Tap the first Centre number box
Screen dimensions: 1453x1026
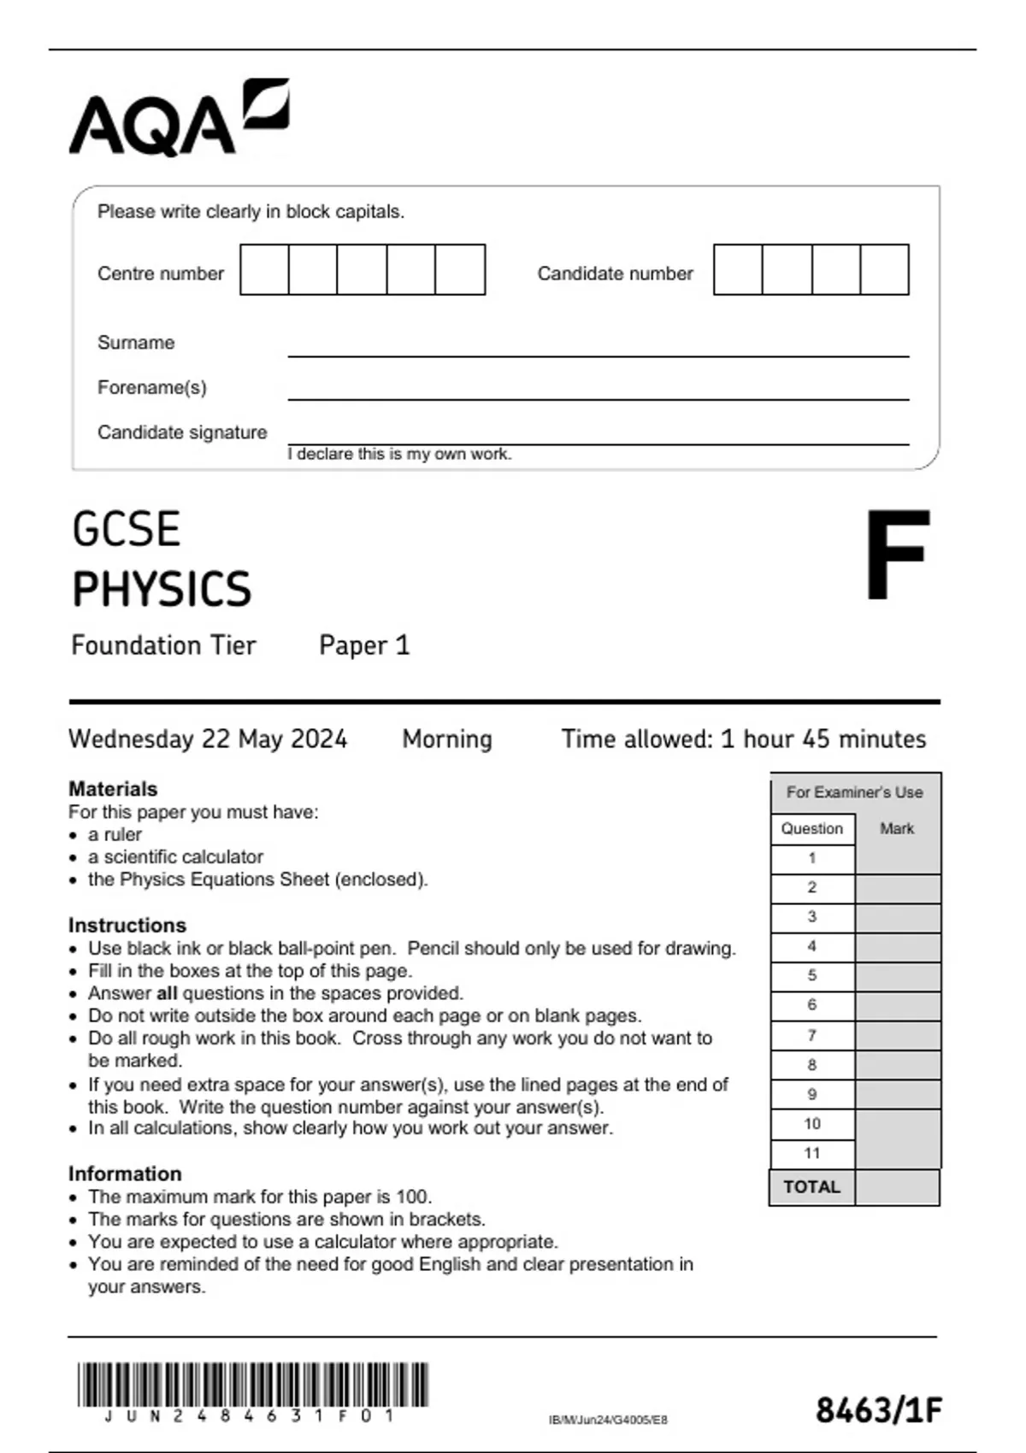[264, 270]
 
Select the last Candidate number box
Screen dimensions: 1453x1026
[884, 270]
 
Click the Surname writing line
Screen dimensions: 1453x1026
[598, 349]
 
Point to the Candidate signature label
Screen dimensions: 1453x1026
[182, 432]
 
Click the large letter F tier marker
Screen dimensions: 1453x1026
[896, 556]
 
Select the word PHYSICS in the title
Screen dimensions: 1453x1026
[162, 590]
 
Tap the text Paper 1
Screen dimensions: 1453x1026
[364, 645]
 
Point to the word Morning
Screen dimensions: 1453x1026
[447, 738]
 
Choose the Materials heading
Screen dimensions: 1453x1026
[113, 789]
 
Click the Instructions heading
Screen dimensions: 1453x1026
[127, 926]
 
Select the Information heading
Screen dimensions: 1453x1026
[125, 1174]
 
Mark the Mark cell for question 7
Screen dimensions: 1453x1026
[897, 1036]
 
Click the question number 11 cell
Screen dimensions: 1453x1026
[812, 1153]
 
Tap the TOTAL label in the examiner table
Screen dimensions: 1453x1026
[811, 1187]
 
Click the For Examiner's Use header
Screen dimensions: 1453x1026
[854, 792]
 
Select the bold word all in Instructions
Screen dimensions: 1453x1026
[168, 993]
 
